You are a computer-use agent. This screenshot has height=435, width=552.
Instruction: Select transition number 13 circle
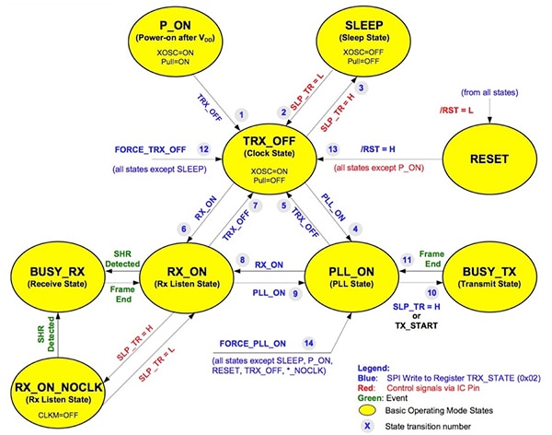(x=333, y=149)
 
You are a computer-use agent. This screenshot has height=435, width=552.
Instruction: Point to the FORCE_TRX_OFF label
(x=151, y=149)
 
